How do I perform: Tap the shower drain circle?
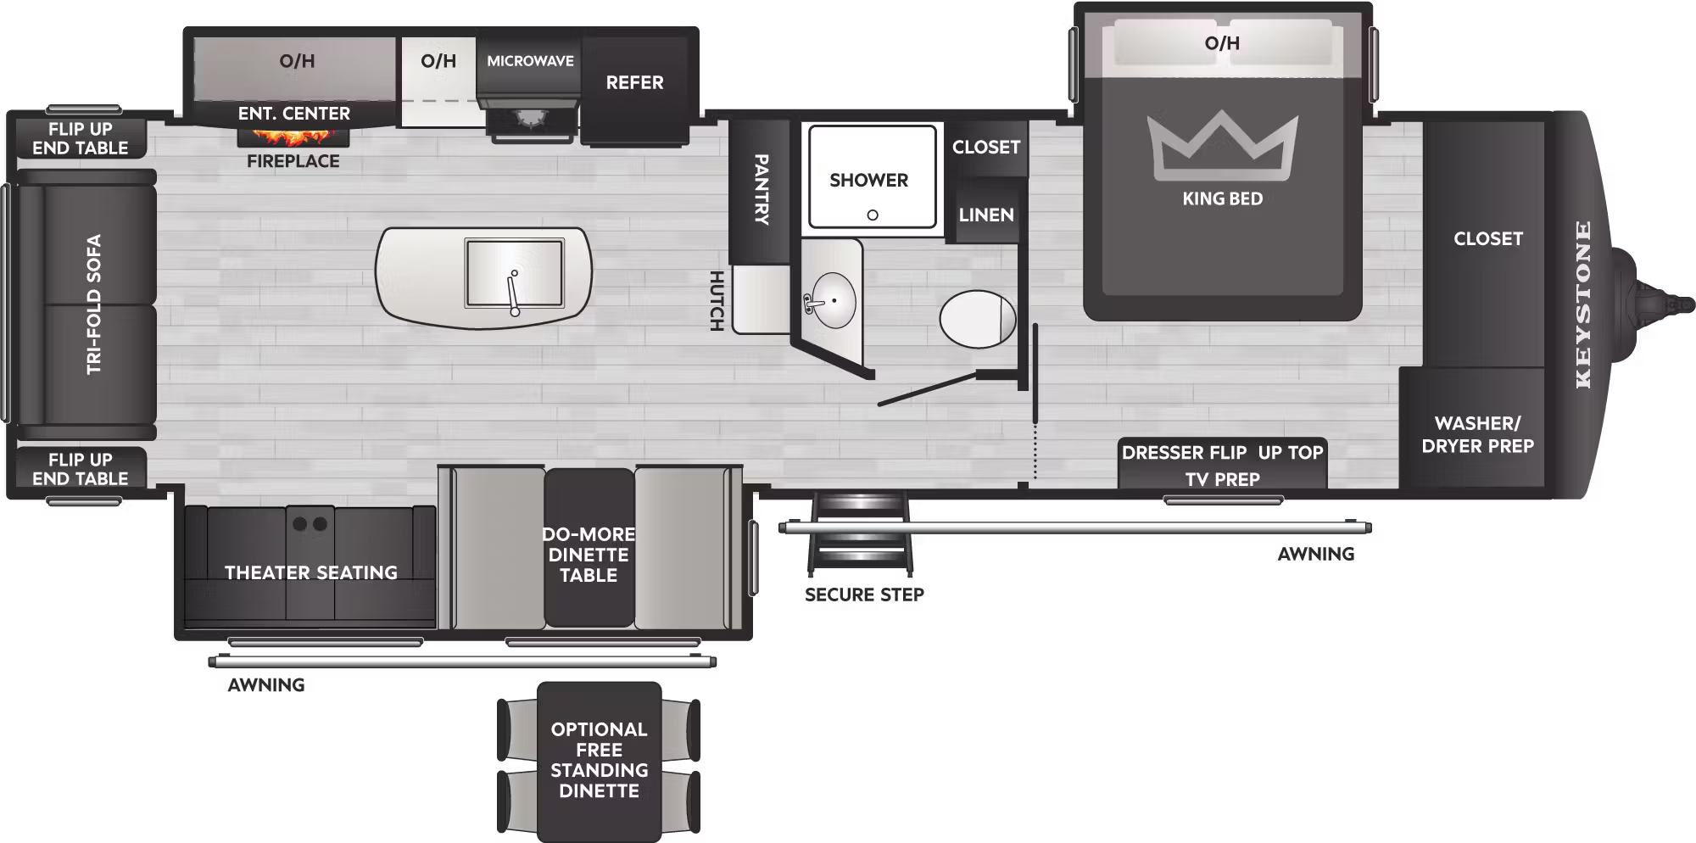[873, 215]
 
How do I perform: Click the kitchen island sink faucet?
[513, 293]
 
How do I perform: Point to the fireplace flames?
[293, 136]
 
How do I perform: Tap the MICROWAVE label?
[530, 61]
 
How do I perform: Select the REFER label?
[634, 83]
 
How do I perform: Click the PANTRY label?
[761, 189]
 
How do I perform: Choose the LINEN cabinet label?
[985, 215]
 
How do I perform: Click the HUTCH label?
[717, 300]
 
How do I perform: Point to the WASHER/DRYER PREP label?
[1477, 434]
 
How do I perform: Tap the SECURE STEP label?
[864, 595]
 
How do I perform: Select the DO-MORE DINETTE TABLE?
[589, 554]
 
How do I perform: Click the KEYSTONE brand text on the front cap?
[1582, 304]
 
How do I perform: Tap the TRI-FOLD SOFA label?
[93, 304]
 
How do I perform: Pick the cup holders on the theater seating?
[310, 524]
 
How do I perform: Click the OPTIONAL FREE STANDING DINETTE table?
[599, 760]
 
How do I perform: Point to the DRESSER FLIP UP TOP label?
[1222, 453]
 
